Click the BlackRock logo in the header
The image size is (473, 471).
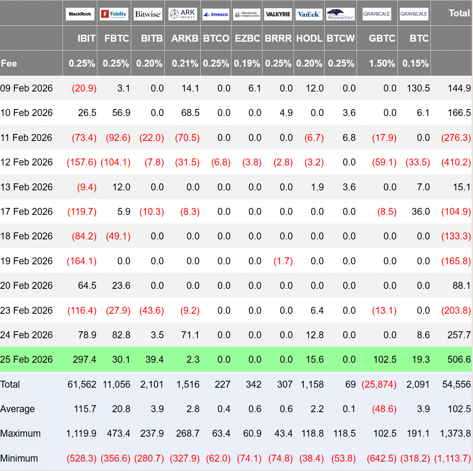[x=80, y=14]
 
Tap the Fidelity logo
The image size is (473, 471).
[x=114, y=14]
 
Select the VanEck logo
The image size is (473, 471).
[x=309, y=14]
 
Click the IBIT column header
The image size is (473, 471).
[x=86, y=38]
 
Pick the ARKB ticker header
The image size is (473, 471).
[x=185, y=38]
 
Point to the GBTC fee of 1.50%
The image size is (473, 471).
[x=382, y=63]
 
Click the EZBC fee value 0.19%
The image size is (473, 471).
[x=247, y=63]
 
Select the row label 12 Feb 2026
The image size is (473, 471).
[x=27, y=162]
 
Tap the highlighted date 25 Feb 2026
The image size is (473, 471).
[x=27, y=359]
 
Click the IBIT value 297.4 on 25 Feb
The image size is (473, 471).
[x=85, y=359]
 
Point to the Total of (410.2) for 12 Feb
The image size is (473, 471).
[x=456, y=162]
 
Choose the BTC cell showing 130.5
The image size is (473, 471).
[x=418, y=88]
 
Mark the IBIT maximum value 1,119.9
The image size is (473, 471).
[x=81, y=433]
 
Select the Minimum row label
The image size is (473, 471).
[x=19, y=458]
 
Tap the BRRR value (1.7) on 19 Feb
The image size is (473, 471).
[x=283, y=261]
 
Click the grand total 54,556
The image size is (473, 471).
[x=456, y=384]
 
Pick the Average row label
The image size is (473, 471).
[x=18, y=409]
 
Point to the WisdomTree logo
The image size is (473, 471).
[x=341, y=14]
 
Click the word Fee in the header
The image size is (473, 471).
[x=9, y=63]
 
